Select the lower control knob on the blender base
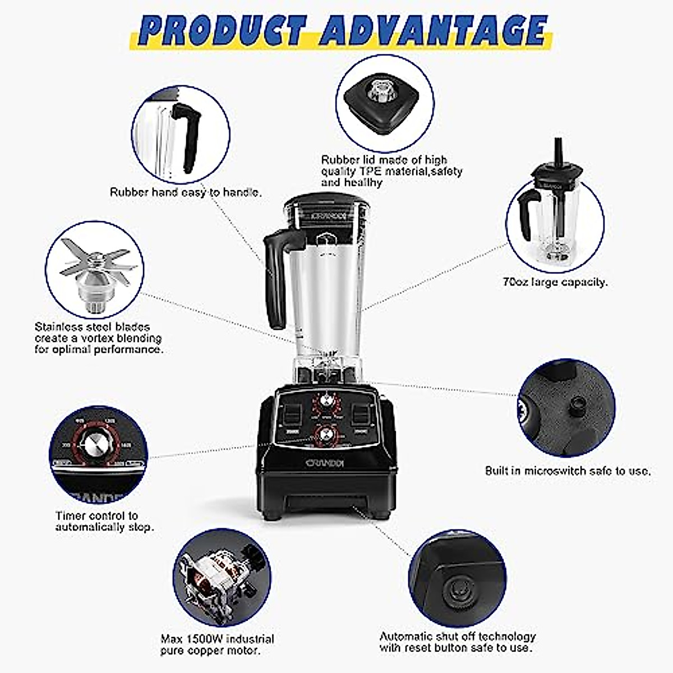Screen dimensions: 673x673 [x=325, y=435]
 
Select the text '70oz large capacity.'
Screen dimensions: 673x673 [x=555, y=282]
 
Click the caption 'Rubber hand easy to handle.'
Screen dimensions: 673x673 [x=186, y=192]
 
